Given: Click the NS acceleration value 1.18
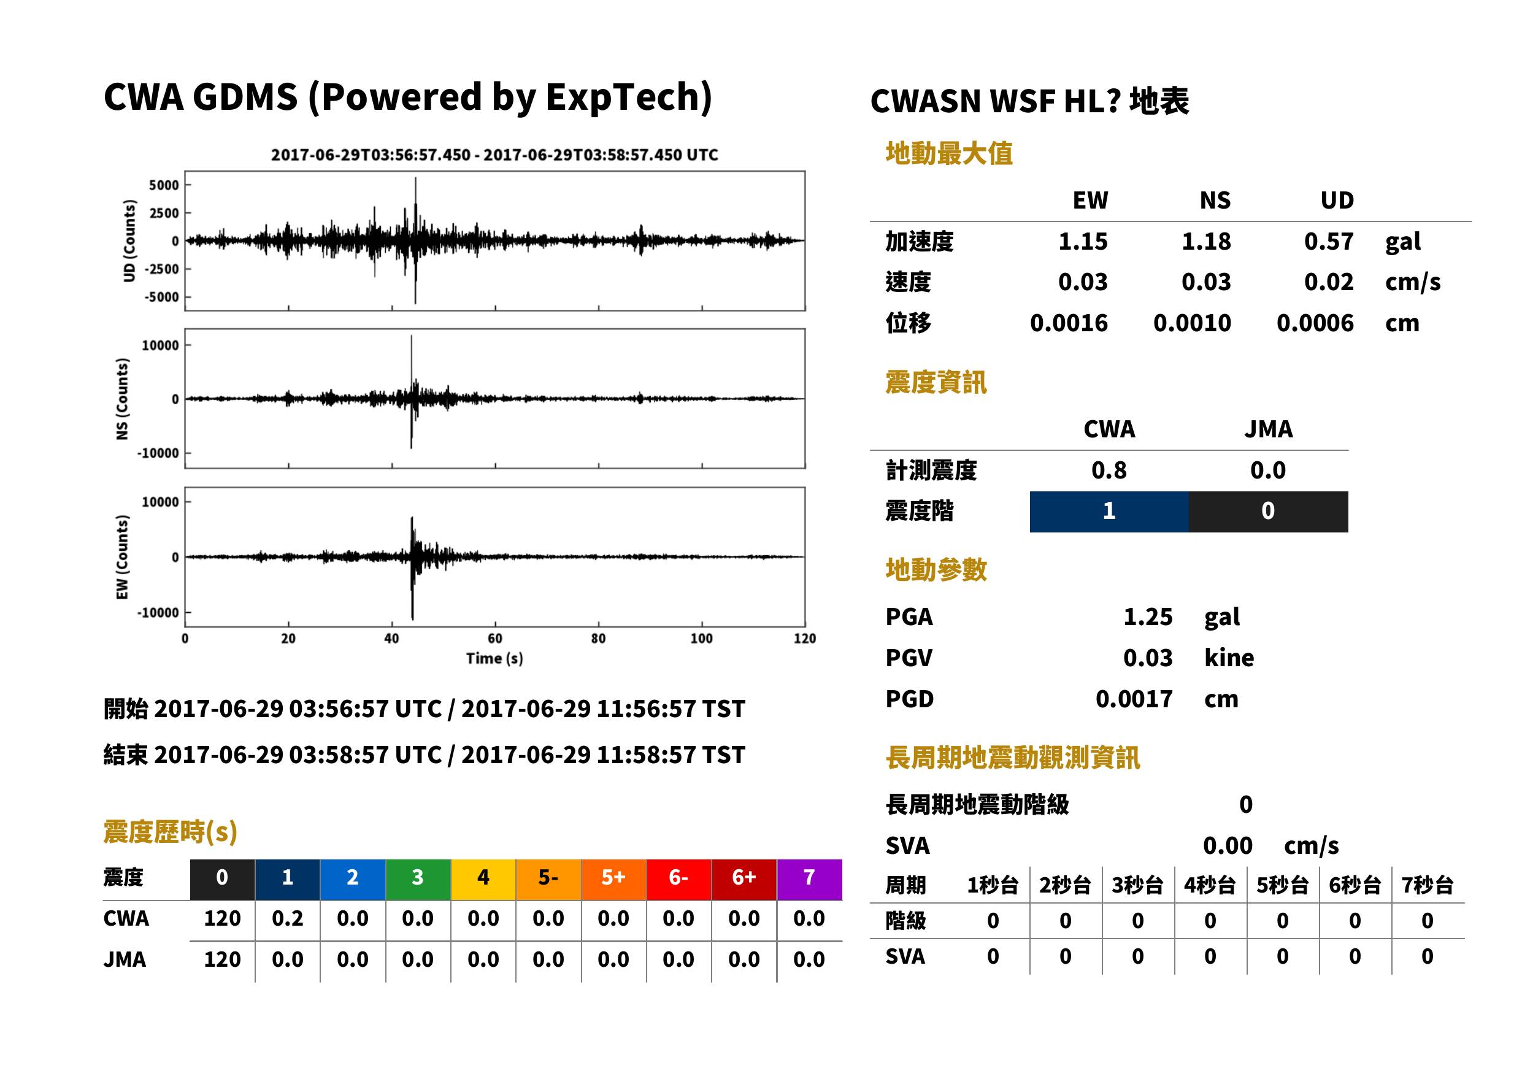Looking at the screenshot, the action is pyautogui.click(x=1205, y=241).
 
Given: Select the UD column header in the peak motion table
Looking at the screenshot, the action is pyautogui.click(x=1337, y=200).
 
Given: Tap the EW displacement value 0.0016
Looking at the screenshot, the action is pyautogui.click(x=1068, y=323).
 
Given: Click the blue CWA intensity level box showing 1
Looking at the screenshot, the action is pyautogui.click(x=1109, y=512).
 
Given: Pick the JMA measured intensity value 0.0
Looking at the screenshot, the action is pyautogui.click(x=1267, y=470).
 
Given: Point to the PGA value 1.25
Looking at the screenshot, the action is pyautogui.click(x=1148, y=616).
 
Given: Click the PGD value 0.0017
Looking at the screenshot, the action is pyautogui.click(x=1134, y=699).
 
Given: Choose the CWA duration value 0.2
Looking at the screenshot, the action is pyautogui.click(x=287, y=918).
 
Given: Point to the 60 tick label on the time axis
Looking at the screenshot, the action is pyautogui.click(x=494, y=639).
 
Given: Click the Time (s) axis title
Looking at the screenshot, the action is pyautogui.click(x=494, y=659).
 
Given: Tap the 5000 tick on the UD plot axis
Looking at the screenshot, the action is pyautogui.click(x=163, y=185).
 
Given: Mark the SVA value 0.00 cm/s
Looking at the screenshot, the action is pyautogui.click(x=1270, y=845).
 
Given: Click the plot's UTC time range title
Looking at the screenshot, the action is pyautogui.click(x=494, y=155).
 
